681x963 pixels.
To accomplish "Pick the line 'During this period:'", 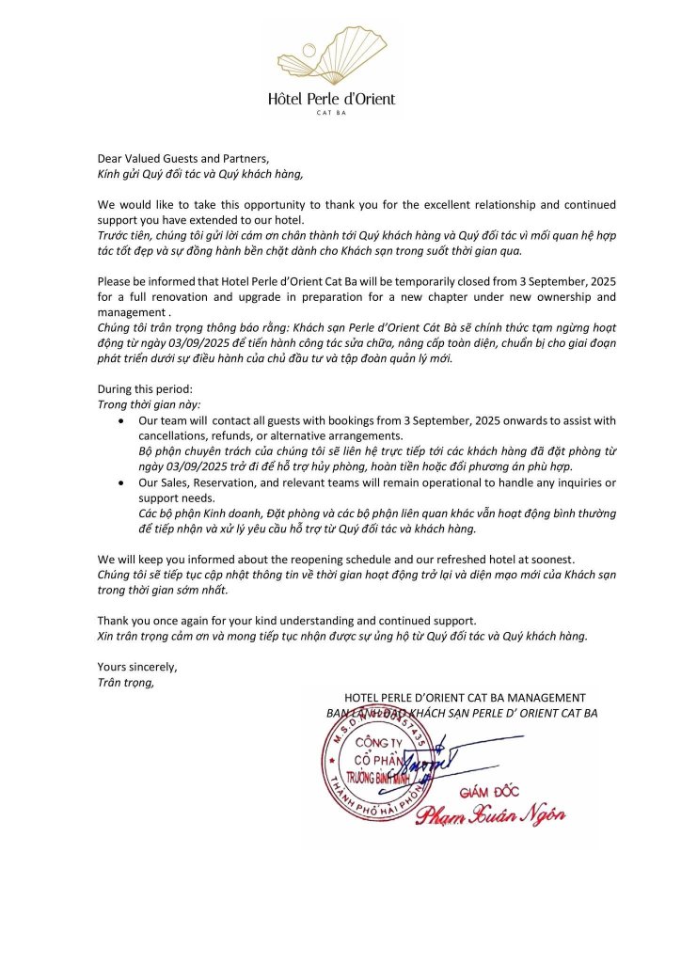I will pos(145,388).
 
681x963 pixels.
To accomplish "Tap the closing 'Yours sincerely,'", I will pos(137,667).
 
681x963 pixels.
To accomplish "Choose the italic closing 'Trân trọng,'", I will pos(127,683).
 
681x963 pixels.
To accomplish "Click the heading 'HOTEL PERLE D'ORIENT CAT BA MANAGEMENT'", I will pos(465,698).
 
